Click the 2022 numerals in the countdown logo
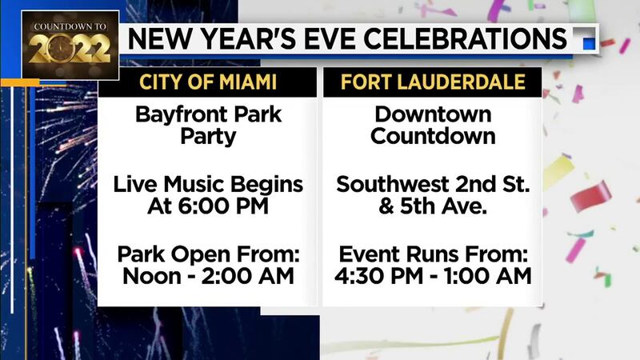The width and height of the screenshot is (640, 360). tap(70, 49)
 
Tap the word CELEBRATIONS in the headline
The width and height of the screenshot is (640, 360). tap(466, 38)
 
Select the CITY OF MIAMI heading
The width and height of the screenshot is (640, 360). tap(208, 82)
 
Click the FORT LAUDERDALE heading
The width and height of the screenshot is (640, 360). tap(433, 82)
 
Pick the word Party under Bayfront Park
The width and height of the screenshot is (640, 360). tap(208, 137)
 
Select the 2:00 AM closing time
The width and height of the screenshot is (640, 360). tap(248, 276)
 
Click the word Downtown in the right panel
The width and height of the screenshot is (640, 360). tap(433, 114)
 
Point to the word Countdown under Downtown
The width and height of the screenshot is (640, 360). tap(433, 136)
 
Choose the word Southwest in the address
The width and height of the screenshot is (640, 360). tap(392, 185)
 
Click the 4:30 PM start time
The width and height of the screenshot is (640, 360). tap(378, 276)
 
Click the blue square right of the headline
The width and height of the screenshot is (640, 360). tap(589, 43)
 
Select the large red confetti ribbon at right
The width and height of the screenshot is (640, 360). tap(590, 196)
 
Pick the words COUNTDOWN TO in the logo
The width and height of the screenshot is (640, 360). tap(70, 26)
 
